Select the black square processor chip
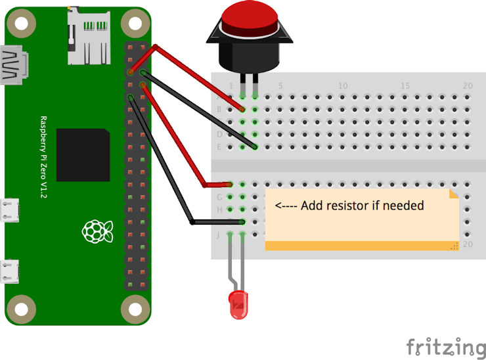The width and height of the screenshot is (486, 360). tap(83, 155)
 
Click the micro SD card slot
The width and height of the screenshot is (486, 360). tap(87, 38)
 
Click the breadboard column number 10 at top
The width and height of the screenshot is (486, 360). tap(342, 86)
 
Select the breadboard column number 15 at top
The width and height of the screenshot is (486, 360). tap(405, 86)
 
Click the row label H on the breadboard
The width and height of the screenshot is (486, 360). tap(219, 210)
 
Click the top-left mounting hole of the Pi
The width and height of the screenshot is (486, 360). tap(22, 24)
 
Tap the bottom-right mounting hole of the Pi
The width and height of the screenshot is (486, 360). tap(135, 307)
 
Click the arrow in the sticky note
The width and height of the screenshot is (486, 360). tap(286, 206)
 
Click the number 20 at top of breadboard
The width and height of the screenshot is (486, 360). tap(468, 86)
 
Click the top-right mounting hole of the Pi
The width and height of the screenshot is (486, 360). tap(135, 24)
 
